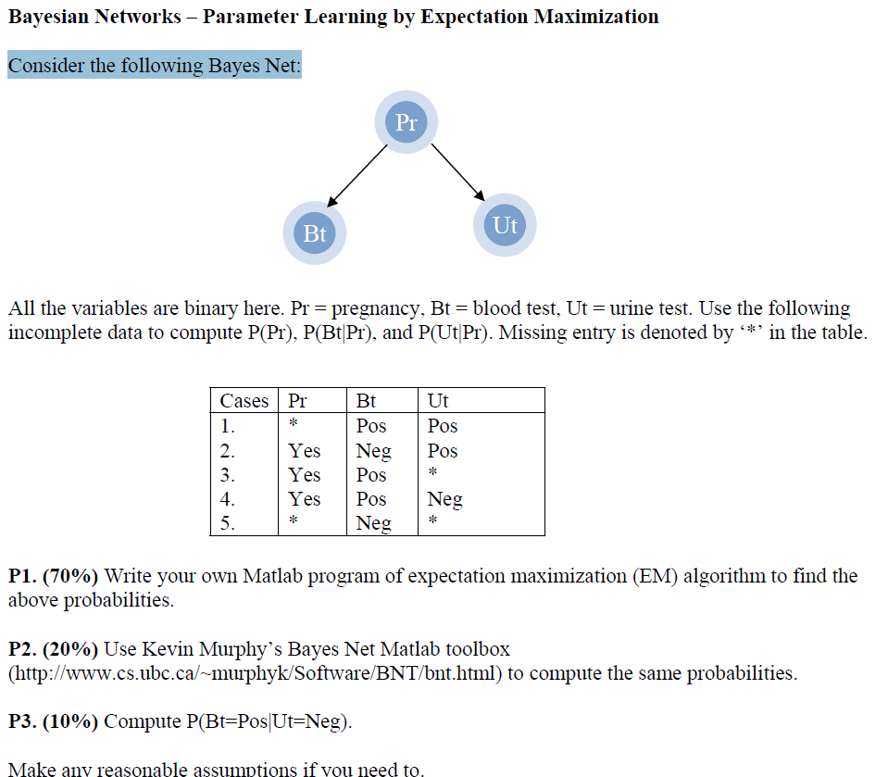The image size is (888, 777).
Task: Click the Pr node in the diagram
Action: click(x=406, y=122)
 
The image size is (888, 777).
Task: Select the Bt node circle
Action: click(x=315, y=233)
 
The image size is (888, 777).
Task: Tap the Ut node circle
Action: click(x=505, y=225)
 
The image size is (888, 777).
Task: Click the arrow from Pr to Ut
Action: click(x=457, y=171)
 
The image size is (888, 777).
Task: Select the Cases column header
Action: click(x=244, y=401)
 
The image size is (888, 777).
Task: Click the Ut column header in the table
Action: click(x=438, y=401)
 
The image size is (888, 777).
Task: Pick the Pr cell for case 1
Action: click(x=293, y=426)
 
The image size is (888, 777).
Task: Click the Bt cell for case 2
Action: click(x=373, y=451)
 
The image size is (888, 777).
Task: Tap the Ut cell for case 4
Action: click(x=444, y=499)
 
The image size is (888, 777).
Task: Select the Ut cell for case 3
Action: click(x=432, y=475)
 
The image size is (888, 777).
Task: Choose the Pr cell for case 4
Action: click(x=305, y=499)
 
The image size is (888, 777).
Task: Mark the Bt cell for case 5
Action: click(x=373, y=523)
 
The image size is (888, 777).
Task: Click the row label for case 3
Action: click(x=228, y=475)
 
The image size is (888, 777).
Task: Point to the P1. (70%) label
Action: click(x=53, y=576)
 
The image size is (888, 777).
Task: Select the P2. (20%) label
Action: click(x=53, y=649)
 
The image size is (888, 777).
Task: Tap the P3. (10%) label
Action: click(x=53, y=721)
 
